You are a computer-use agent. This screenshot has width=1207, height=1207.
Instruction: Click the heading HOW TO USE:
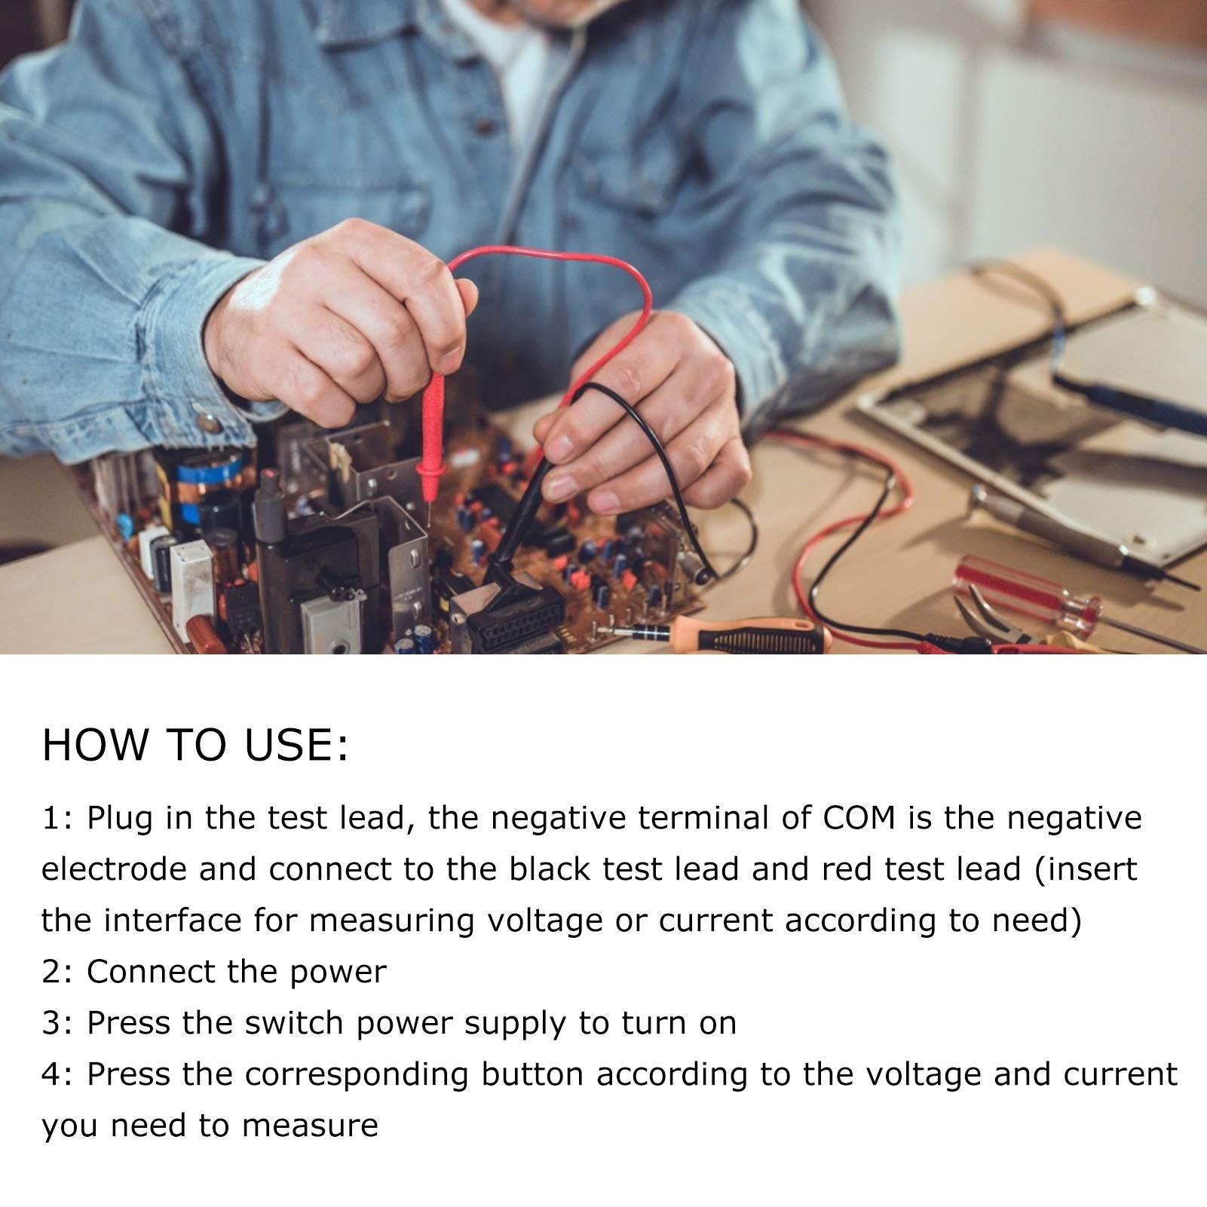pyautogui.click(x=195, y=744)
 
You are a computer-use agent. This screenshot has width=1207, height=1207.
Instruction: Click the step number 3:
pyautogui.click(x=57, y=1023)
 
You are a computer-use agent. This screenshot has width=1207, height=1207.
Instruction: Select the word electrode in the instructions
pyautogui.click(x=113, y=870)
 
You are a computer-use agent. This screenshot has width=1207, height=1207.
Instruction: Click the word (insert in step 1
pyautogui.click(x=1085, y=870)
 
